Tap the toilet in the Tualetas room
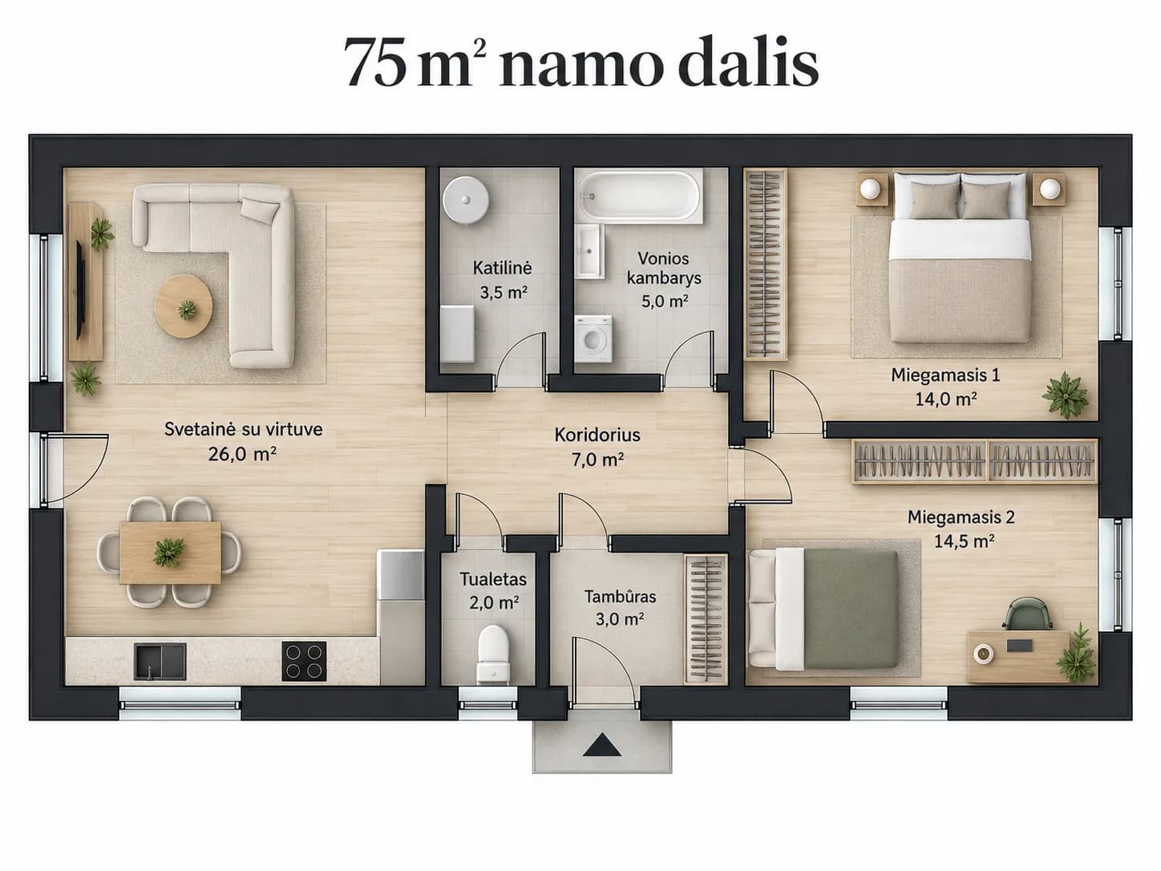pyautogui.click(x=493, y=654)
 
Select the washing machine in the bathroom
pyautogui.click(x=593, y=339)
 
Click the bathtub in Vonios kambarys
pyautogui.click(x=639, y=196)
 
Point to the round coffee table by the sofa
pyautogui.click(x=184, y=306)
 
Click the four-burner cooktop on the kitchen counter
pyautogui.click(x=304, y=661)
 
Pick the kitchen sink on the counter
pyautogui.click(x=160, y=661)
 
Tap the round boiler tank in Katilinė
pyautogui.click(x=466, y=200)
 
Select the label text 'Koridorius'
pyautogui.click(x=597, y=435)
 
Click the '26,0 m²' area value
pyautogui.click(x=242, y=454)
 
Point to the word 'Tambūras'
pyautogui.click(x=620, y=597)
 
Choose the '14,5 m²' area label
pyautogui.click(x=964, y=541)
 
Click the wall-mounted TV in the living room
pyautogui.click(x=80, y=290)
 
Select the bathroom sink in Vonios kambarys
pyautogui.click(x=589, y=250)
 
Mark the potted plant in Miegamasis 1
pyautogui.click(x=1066, y=394)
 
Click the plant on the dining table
pyautogui.click(x=168, y=552)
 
